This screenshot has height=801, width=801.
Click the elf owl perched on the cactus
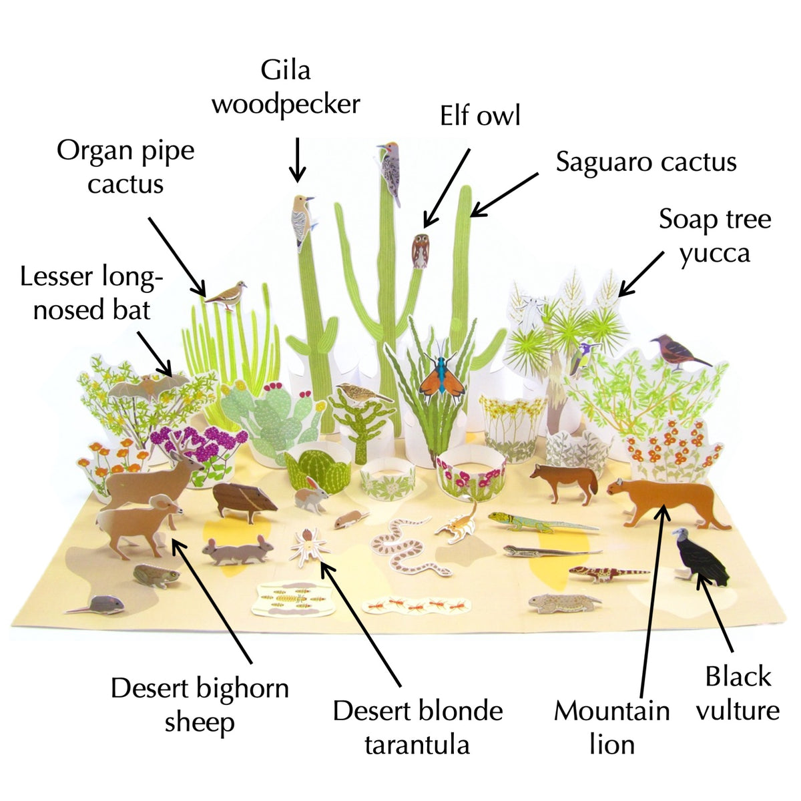(420, 251)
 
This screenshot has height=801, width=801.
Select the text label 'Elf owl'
(480, 115)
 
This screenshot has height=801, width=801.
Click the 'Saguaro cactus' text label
(645, 162)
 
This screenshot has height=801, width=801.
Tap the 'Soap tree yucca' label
(714, 236)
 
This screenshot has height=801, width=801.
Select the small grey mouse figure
(100, 605)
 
